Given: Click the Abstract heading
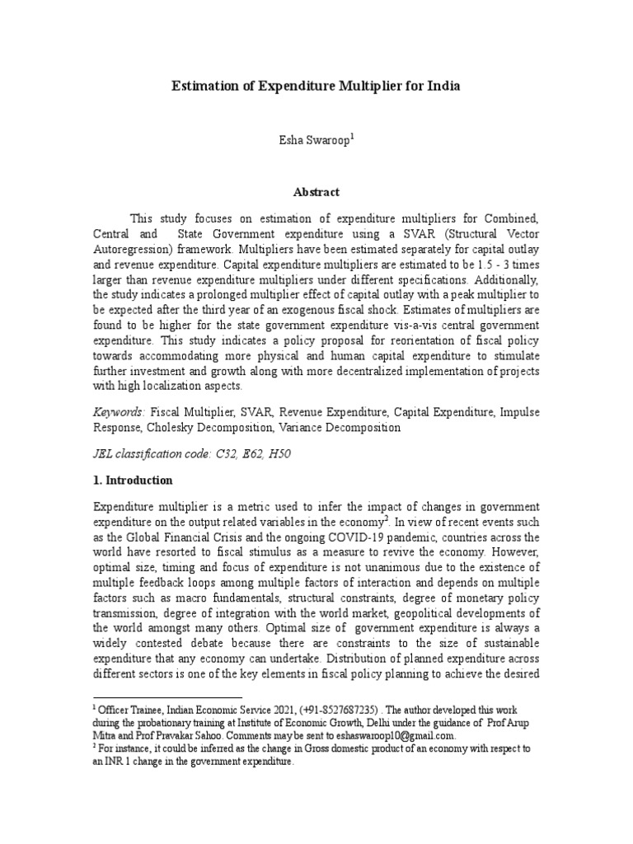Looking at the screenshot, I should [316, 192].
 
